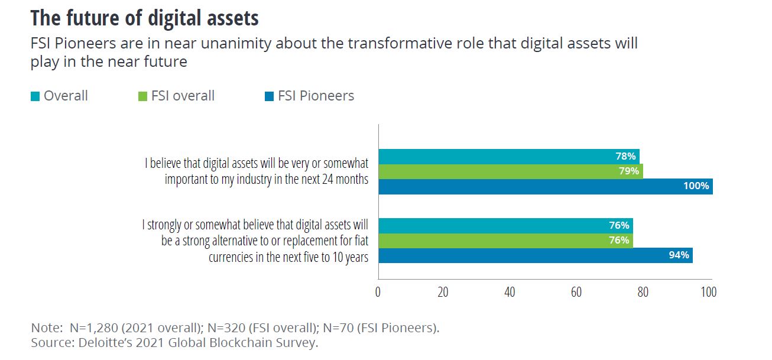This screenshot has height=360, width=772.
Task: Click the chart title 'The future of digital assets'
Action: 145,18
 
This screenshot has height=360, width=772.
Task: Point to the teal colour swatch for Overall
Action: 35,96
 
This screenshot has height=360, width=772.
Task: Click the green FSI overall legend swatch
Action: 142,96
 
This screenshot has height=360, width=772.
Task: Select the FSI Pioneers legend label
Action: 316,96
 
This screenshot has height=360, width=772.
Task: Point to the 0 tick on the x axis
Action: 378,291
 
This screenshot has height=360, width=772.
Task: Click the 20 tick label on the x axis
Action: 443,291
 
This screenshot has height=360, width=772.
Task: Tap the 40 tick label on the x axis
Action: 510,291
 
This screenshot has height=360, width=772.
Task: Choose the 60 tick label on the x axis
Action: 576,291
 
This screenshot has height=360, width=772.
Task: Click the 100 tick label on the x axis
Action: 708,291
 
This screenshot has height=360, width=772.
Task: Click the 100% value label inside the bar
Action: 696,186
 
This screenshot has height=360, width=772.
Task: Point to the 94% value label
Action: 678,255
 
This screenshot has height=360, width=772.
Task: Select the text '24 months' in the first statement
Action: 345,180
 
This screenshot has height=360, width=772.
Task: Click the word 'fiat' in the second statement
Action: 359,241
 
